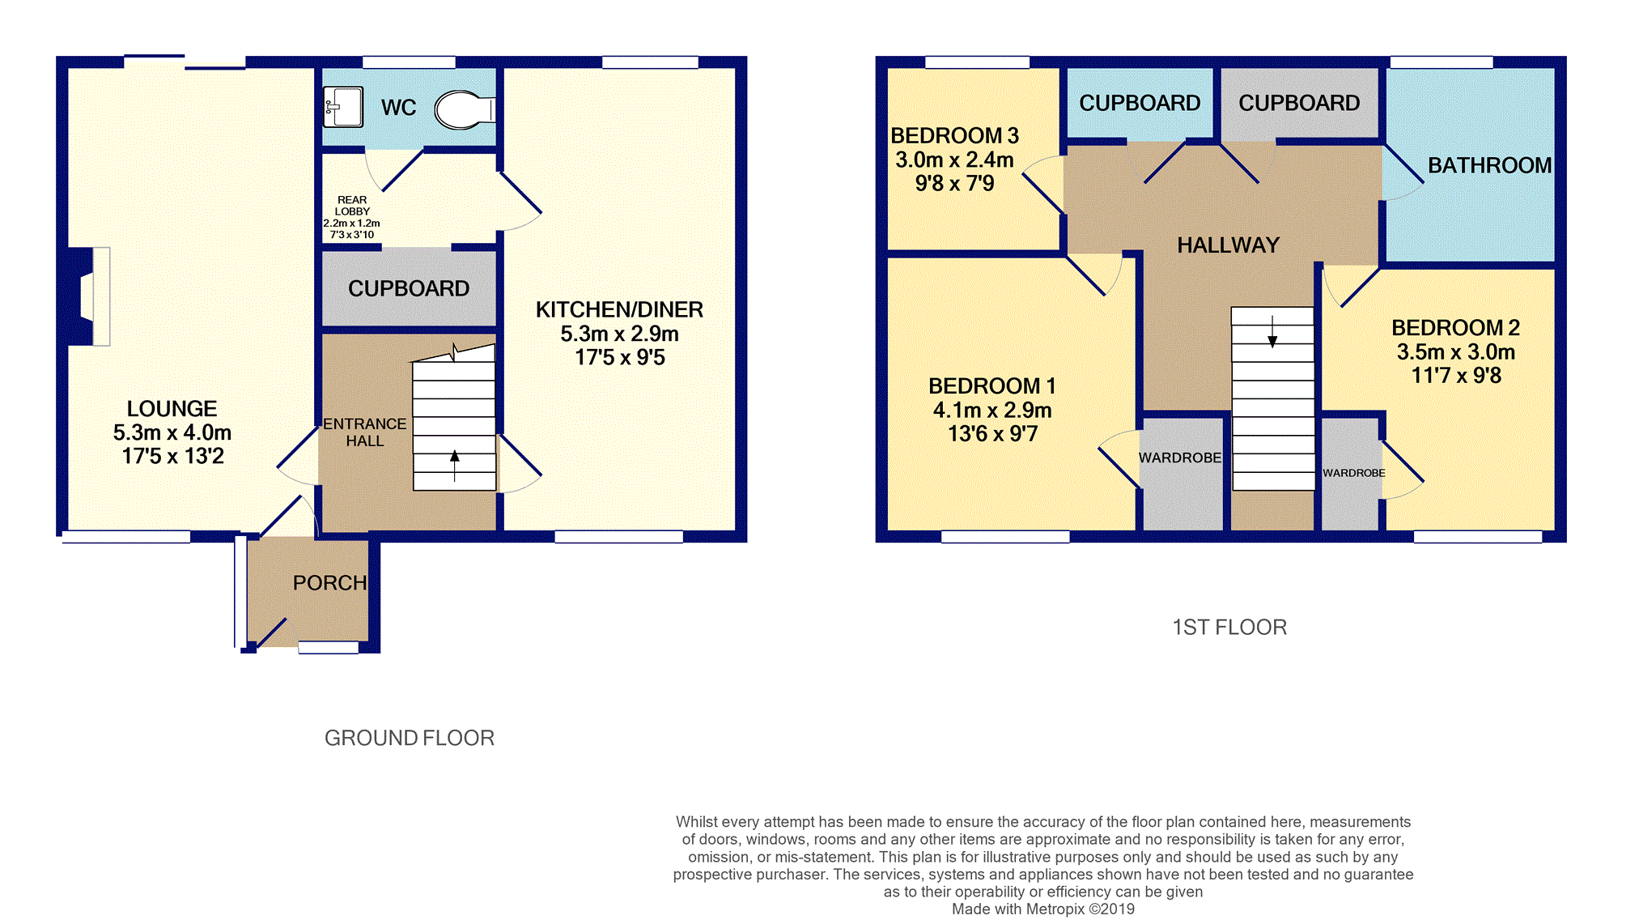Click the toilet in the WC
click(465, 110)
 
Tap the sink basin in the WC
click(343, 107)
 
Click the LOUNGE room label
click(172, 409)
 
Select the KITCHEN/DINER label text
click(619, 309)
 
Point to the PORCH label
click(329, 583)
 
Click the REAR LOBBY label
click(352, 206)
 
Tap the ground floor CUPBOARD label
click(409, 288)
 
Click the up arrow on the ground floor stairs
click(455, 466)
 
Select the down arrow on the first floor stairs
click(1272, 331)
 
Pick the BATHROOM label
click(1489, 165)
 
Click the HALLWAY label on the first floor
click(1228, 245)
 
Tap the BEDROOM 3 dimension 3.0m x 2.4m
click(954, 160)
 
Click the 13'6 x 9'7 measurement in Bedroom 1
click(992, 434)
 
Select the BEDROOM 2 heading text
click(1455, 328)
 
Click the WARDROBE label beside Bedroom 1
click(1180, 458)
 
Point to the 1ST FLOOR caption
click(1229, 627)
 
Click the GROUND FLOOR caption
click(409, 738)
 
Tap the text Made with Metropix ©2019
click(1043, 909)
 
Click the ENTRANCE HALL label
click(365, 432)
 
